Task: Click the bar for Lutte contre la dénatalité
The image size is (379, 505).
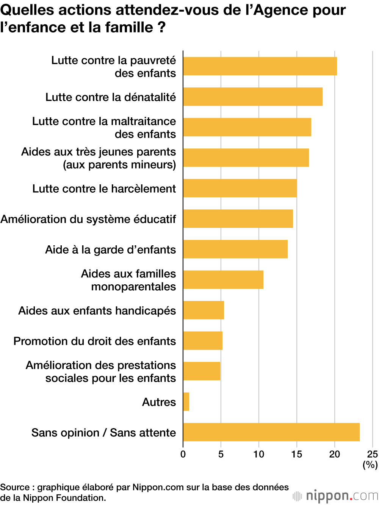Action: [x=253, y=97]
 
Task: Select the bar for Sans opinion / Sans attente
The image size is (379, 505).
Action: [x=271, y=432]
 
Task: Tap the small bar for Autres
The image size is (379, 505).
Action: [x=186, y=402]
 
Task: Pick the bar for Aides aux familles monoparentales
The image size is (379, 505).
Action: [x=223, y=280]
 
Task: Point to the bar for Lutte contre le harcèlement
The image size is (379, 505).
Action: [x=240, y=188]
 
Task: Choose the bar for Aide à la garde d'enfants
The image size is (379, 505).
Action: [x=235, y=249]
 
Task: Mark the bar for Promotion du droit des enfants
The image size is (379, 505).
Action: [x=203, y=341]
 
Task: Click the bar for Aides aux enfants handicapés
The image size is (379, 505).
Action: [x=204, y=310]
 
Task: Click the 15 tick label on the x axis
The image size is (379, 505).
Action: [x=297, y=454]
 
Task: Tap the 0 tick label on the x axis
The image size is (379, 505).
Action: [x=183, y=454]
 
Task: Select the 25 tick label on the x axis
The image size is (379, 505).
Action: [x=372, y=454]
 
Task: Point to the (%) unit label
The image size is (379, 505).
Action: [x=370, y=464]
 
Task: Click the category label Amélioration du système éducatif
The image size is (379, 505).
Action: [x=88, y=219]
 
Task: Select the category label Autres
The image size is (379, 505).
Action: [x=159, y=402]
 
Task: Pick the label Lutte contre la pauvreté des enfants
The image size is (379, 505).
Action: [x=114, y=67]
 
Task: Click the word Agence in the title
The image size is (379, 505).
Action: [x=280, y=10]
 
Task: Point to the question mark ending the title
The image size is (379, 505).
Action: [x=162, y=28]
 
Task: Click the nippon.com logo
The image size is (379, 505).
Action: [x=336, y=496]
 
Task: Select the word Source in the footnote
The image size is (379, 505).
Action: [x=15, y=487]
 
